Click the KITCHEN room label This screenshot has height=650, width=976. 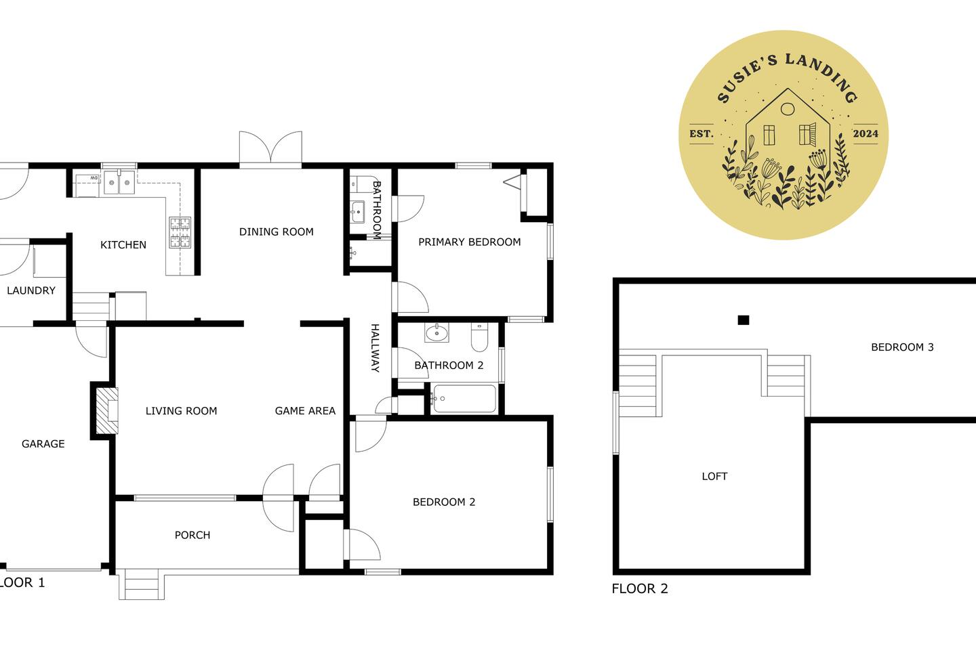(x=123, y=245)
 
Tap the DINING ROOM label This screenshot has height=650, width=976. (x=277, y=232)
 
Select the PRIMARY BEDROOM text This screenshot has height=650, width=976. (x=469, y=242)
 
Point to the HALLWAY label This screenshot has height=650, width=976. (x=375, y=348)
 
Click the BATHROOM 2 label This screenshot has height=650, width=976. (x=449, y=365)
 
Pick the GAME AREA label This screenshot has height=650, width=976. (x=305, y=411)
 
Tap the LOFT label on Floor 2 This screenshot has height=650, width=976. (x=714, y=476)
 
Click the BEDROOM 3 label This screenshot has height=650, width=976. (x=902, y=347)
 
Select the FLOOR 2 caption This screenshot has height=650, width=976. (x=640, y=588)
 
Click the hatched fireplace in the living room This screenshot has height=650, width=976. (x=107, y=410)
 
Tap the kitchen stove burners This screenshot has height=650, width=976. (x=180, y=232)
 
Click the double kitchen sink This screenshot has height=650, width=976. (x=119, y=182)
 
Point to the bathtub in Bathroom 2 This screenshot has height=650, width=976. (x=464, y=398)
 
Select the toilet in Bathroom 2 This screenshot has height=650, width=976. (x=479, y=337)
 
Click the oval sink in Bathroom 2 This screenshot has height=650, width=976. (x=436, y=333)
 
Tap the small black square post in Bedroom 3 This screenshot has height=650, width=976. (x=744, y=320)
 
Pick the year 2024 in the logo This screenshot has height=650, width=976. (x=866, y=133)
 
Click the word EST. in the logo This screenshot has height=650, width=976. (x=701, y=133)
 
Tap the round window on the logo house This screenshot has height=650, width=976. (x=788, y=109)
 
